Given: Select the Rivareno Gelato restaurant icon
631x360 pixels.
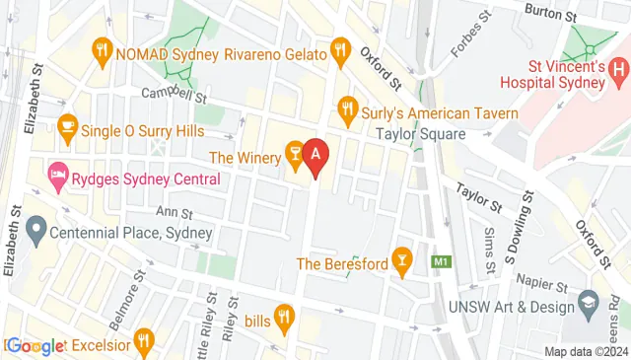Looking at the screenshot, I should (340, 47).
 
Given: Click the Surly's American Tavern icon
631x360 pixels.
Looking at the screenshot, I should (347, 107).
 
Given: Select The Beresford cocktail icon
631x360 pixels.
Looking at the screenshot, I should (400, 259).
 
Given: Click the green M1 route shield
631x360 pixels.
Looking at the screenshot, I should (442, 261).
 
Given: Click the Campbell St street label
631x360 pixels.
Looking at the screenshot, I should (173, 97).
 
